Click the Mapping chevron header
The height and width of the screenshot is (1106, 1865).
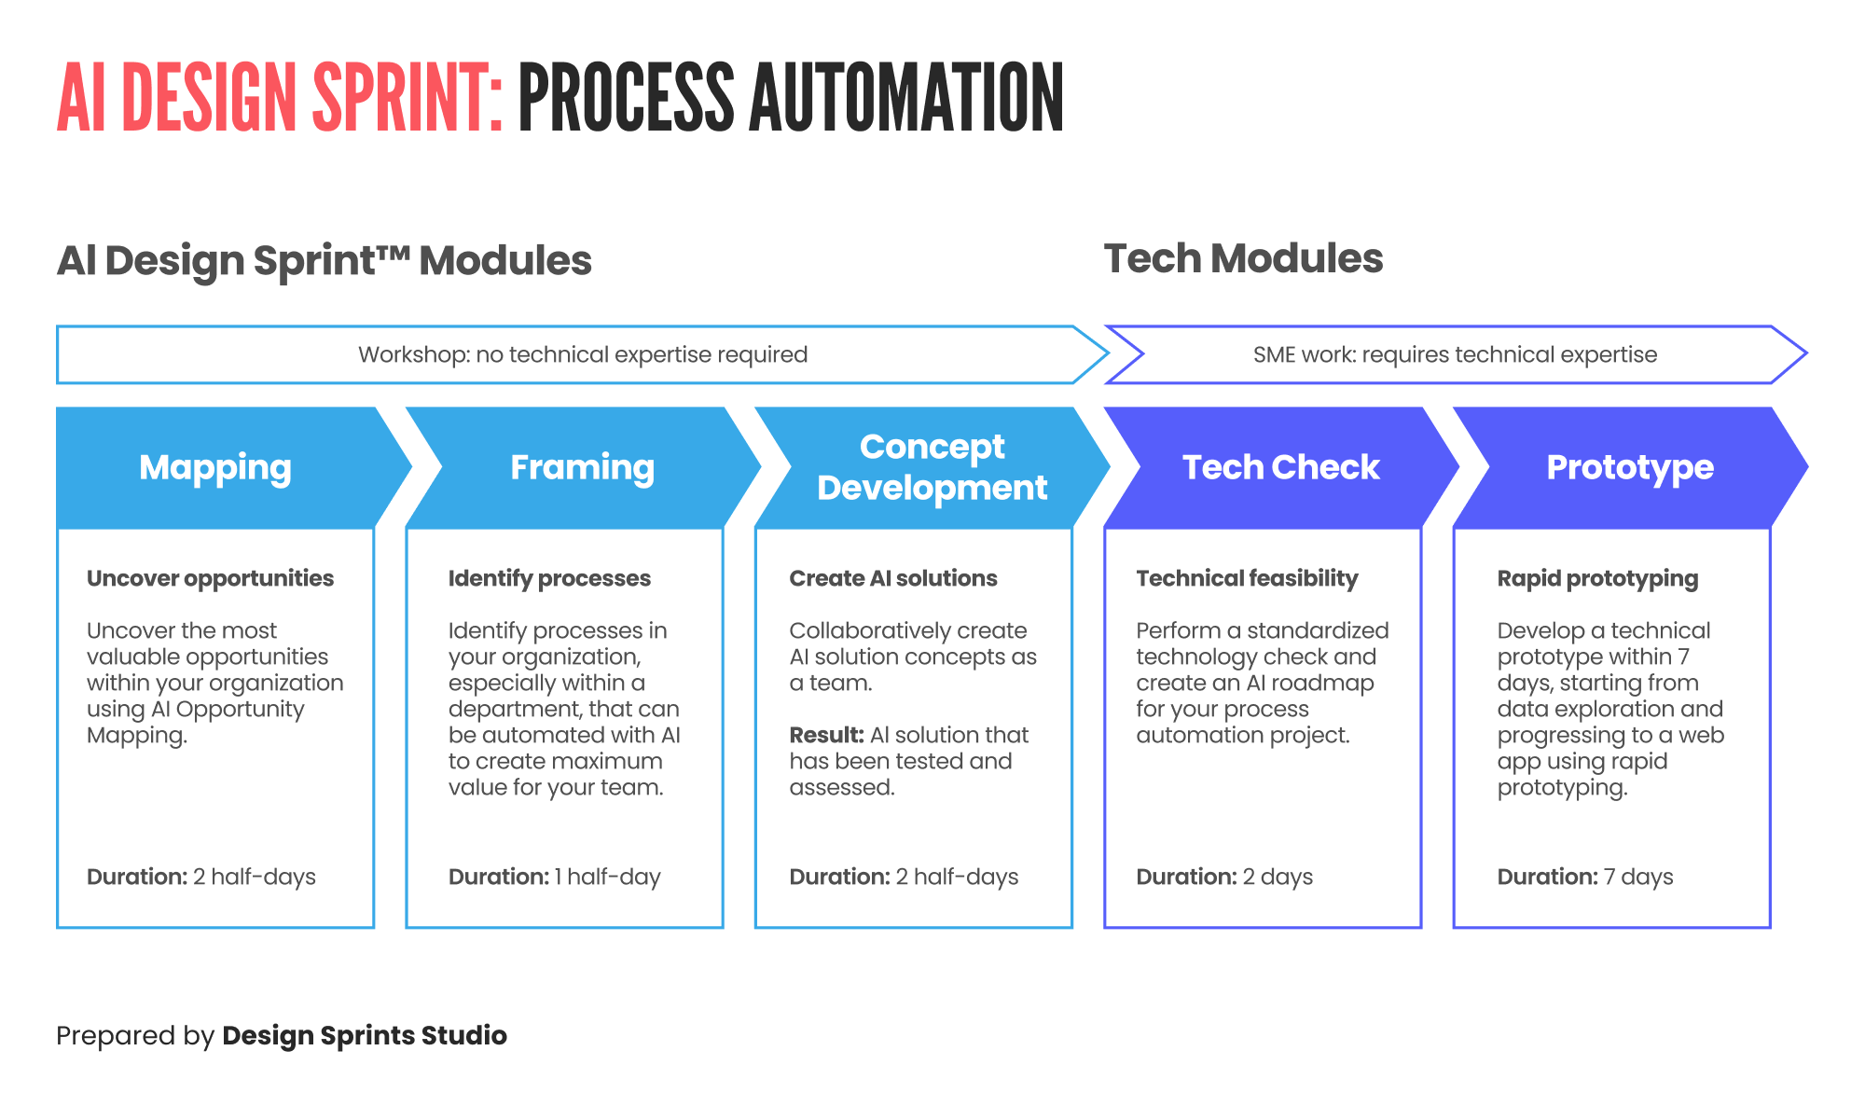coord(215,467)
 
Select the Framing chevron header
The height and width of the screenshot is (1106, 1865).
coord(582,467)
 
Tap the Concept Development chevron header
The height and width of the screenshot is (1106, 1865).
coord(932,467)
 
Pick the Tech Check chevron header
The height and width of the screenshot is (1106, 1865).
coord(1280,467)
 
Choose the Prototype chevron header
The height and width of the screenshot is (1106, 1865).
coord(1629,467)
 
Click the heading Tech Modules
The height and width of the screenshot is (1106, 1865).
coord(1243,258)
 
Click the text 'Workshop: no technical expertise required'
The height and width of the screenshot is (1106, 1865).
coord(583,354)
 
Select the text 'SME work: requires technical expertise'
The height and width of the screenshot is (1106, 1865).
coord(1455,354)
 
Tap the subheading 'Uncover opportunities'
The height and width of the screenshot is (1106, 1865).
coord(210,578)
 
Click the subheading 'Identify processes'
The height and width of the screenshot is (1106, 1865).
coord(549,578)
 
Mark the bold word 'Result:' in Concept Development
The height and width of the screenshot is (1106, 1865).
coord(826,735)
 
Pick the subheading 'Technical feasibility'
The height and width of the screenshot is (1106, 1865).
coord(1247,578)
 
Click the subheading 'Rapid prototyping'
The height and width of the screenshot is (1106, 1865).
coord(1597,578)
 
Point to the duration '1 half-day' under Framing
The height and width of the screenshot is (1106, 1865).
coord(607,877)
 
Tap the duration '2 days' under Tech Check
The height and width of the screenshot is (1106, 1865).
coord(1278,877)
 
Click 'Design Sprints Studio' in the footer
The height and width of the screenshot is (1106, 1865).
coord(365,1035)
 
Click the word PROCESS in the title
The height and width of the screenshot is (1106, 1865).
coord(626,99)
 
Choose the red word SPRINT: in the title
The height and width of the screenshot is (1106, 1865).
coord(408,99)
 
